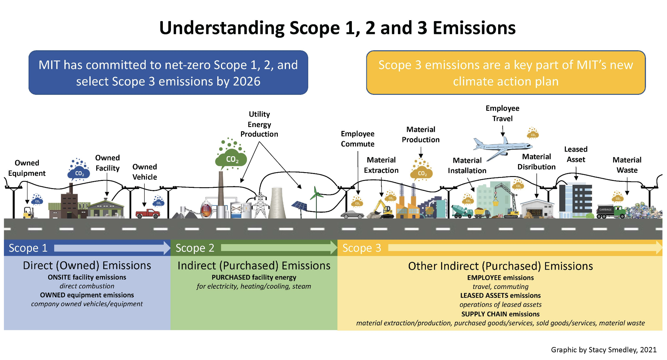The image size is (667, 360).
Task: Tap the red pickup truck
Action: click(147, 213)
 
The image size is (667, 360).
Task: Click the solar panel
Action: click(299, 206)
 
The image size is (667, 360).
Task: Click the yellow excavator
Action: click(384, 209)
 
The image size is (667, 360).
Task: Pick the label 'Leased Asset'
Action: click(575, 154)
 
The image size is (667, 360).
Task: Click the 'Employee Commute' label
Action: click(358, 139)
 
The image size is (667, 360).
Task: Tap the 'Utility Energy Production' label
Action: click(259, 124)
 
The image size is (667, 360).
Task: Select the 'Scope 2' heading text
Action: click(195, 248)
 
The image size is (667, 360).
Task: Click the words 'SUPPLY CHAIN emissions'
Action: click(500, 314)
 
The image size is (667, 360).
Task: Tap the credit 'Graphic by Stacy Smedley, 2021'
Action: click(603, 349)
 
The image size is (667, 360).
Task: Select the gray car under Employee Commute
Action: click(352, 214)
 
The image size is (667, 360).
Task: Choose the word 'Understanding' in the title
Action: click(222, 28)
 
